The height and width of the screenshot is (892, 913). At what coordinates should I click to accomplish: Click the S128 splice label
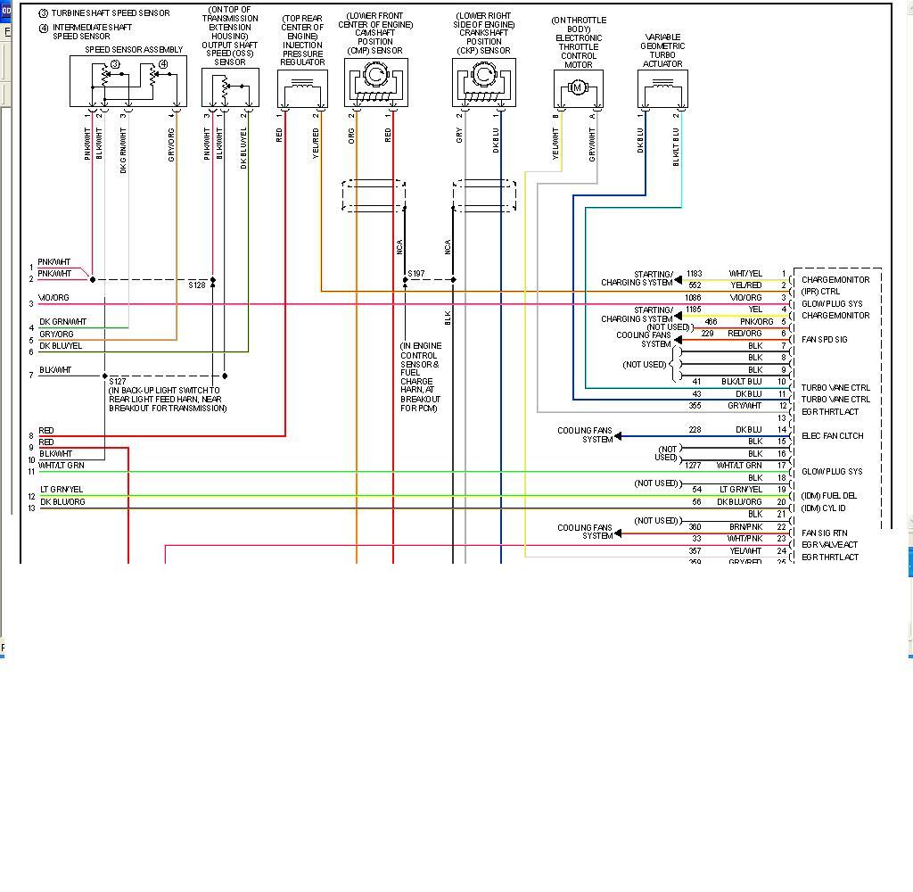197,285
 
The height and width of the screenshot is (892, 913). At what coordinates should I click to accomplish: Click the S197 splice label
416,274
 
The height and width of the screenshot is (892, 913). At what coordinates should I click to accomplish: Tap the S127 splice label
118,381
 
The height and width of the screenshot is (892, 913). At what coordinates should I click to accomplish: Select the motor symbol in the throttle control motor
577,87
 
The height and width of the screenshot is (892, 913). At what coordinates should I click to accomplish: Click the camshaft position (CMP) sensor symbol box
375,83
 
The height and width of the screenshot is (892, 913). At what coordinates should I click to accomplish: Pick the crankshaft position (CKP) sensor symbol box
484,83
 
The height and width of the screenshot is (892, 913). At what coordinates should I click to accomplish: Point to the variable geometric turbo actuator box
662,88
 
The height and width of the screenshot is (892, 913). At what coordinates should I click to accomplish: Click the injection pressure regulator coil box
302,88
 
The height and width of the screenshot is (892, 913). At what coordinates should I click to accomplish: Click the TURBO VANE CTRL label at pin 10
835,388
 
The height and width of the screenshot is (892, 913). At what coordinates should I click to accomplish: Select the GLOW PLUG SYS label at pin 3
832,303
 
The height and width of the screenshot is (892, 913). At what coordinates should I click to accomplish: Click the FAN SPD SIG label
825,340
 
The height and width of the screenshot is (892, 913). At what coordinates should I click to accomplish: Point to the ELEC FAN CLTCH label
833,436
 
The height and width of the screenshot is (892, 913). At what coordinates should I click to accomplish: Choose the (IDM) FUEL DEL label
828,496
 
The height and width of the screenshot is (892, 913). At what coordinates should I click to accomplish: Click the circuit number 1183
695,274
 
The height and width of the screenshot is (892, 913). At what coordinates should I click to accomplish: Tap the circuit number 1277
694,466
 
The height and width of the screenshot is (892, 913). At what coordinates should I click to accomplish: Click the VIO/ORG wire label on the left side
53,298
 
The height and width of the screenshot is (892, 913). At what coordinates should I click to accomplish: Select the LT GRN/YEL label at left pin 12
61,490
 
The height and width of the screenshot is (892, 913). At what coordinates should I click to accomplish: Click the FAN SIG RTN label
825,533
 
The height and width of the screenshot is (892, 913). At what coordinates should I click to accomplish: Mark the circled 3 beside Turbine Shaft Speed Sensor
43,14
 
